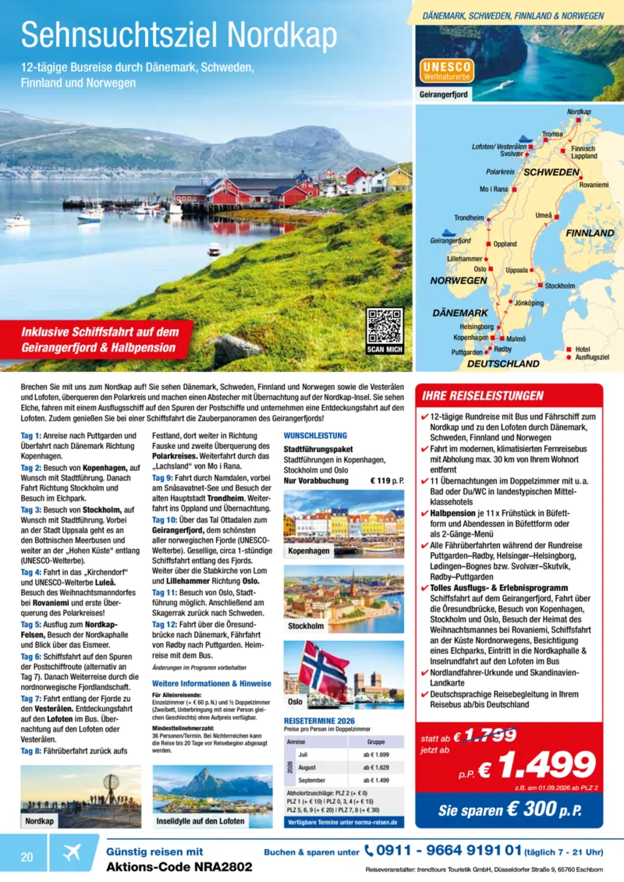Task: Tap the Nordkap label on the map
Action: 578,112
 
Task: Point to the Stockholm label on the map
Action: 560,286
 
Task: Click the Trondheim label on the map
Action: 470,218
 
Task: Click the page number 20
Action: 27,856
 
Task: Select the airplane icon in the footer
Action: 71,852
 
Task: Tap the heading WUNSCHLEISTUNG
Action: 310,435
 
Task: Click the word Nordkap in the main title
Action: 284,35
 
